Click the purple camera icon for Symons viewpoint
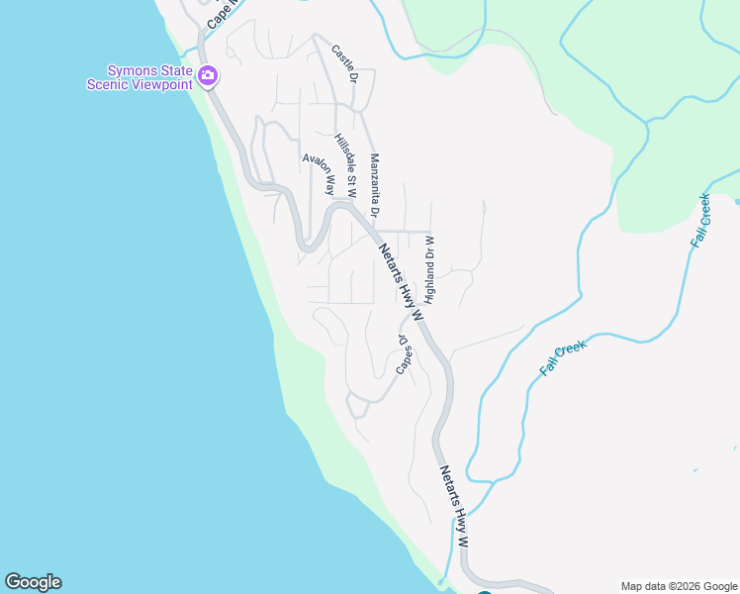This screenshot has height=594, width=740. [207, 75]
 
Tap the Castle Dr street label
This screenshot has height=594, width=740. [343, 63]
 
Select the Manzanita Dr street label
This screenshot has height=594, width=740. [375, 184]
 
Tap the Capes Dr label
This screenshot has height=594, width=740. [404, 353]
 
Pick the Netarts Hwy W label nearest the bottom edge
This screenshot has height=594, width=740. [454, 508]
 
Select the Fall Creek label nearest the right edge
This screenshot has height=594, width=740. [701, 220]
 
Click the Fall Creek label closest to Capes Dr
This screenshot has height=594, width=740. [563, 357]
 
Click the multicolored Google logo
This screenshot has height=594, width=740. [33, 582]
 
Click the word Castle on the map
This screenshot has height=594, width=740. [341, 58]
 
